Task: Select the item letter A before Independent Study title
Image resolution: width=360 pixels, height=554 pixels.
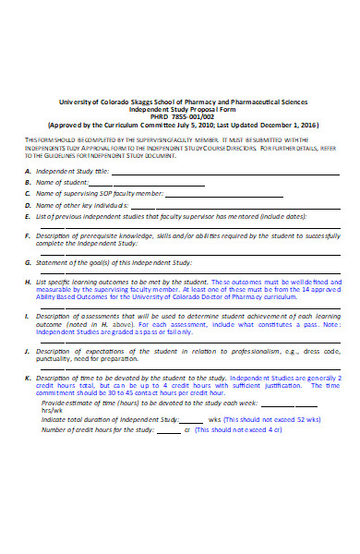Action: click(28, 172)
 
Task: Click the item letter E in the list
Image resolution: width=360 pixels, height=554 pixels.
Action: click(28, 215)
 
